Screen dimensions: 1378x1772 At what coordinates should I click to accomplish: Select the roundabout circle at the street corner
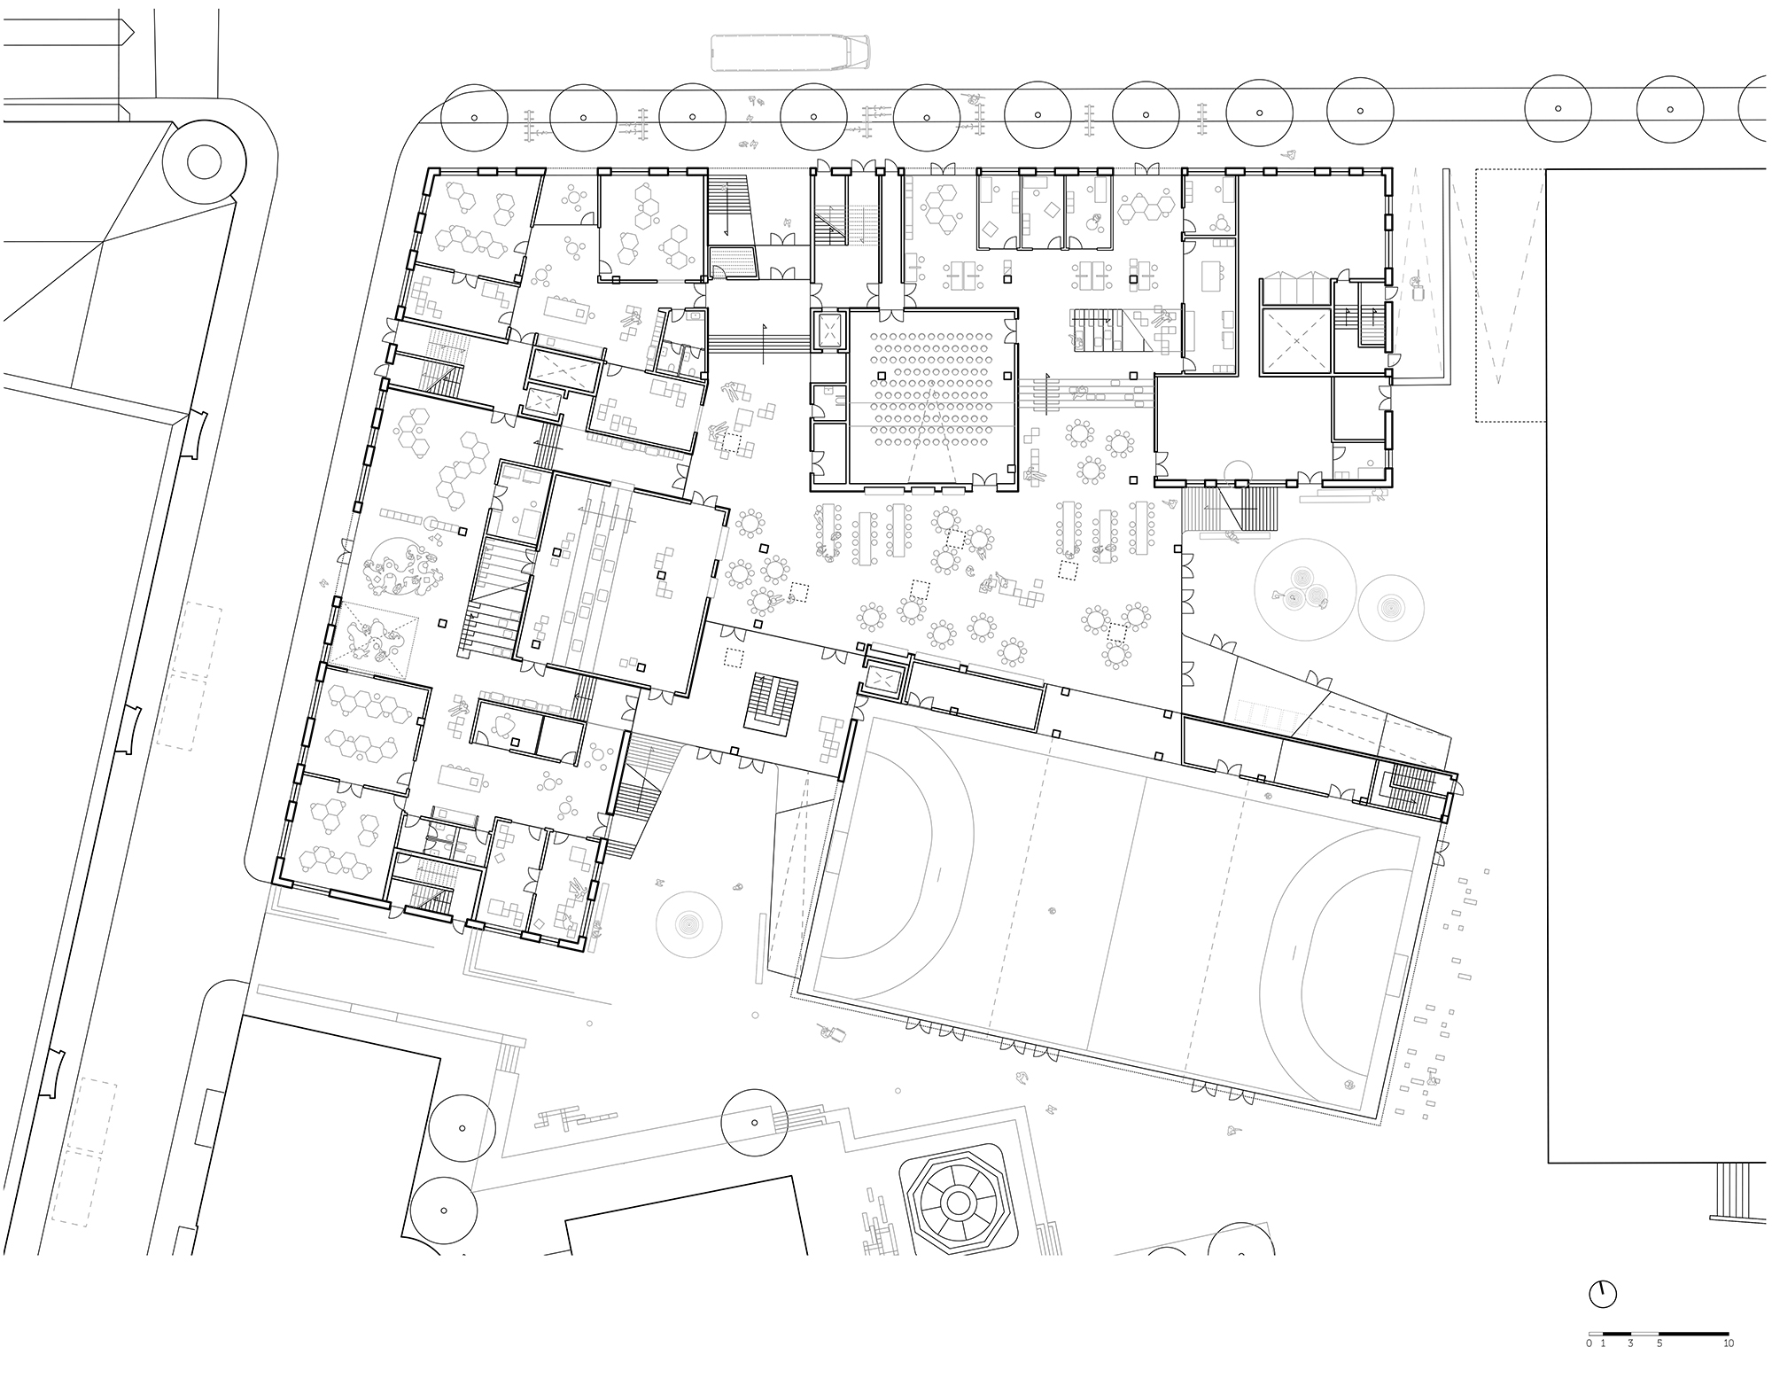[204, 162]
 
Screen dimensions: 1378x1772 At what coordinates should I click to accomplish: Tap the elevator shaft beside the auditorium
[830, 331]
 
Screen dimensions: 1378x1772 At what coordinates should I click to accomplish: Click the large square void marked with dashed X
[1295, 341]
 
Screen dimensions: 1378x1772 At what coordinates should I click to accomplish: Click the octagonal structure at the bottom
[957, 1203]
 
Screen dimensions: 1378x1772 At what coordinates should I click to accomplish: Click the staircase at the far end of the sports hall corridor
[1414, 789]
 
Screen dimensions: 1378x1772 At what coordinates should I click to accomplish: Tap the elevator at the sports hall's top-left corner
[883, 680]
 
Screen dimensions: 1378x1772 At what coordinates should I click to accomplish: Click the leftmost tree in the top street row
[473, 118]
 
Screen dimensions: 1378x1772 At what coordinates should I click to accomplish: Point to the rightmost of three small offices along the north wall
[1089, 210]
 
